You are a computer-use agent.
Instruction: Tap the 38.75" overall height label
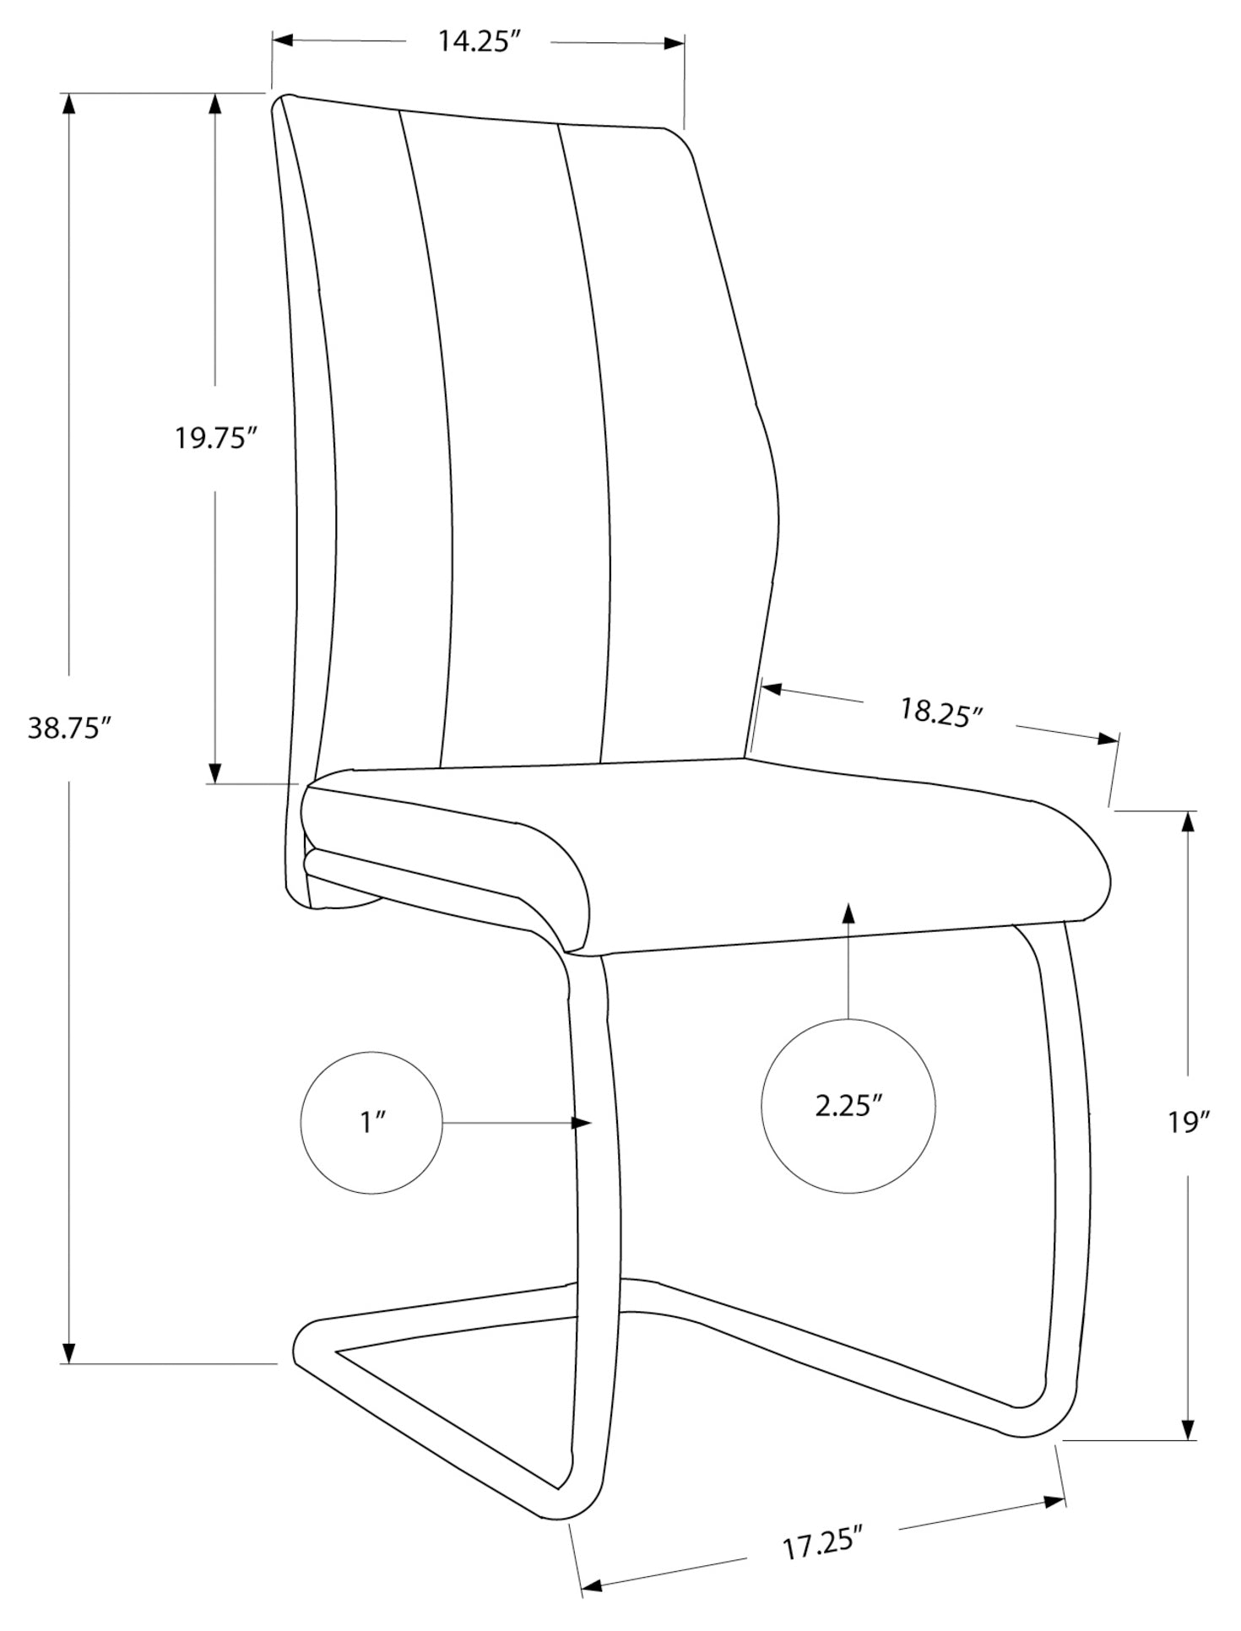(70, 728)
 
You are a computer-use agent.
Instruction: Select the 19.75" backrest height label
(215, 438)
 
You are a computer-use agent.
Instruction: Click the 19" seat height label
(1190, 1122)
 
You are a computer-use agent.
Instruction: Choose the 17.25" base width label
(822, 1547)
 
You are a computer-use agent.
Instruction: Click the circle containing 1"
(371, 1122)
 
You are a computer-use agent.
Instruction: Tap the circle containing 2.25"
(848, 1106)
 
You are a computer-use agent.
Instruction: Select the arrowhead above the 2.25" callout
(848, 913)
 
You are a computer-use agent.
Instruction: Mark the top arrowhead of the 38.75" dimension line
(70, 103)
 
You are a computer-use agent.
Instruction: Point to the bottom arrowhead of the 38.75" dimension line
(70, 1352)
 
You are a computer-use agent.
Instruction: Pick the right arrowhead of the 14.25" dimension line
(673, 43)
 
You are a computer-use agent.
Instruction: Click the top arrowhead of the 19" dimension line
(1190, 822)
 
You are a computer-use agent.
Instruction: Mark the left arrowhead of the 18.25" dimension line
(773, 690)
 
